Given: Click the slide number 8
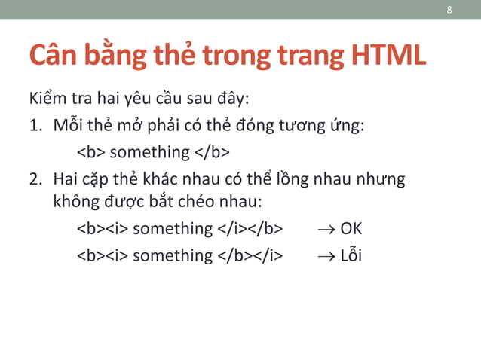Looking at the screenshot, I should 449,10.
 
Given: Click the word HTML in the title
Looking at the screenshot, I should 388,56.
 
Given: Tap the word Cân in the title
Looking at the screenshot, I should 55,56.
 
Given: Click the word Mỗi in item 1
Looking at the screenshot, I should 69,125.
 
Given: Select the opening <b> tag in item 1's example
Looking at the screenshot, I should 91,152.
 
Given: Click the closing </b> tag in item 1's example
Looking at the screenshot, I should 213,152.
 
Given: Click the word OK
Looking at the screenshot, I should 351,228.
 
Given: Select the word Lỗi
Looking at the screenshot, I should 351,255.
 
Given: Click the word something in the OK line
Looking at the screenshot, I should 173,228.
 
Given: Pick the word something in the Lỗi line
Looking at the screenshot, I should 173,255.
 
